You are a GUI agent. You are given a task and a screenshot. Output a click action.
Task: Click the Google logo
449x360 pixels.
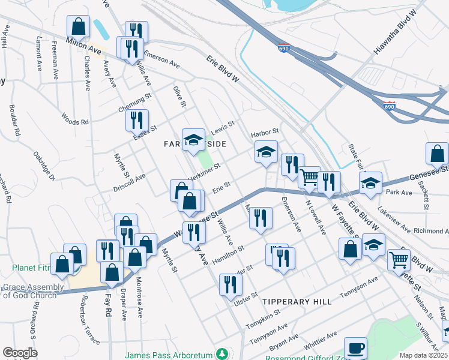[x=20, y=352]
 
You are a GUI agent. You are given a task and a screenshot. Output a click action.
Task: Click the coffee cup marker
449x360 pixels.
[x=355, y=348]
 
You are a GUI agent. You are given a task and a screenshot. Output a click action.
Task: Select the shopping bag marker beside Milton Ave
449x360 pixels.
[x=78, y=26]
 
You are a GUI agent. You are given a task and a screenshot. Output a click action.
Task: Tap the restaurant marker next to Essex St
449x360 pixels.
[x=137, y=119]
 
